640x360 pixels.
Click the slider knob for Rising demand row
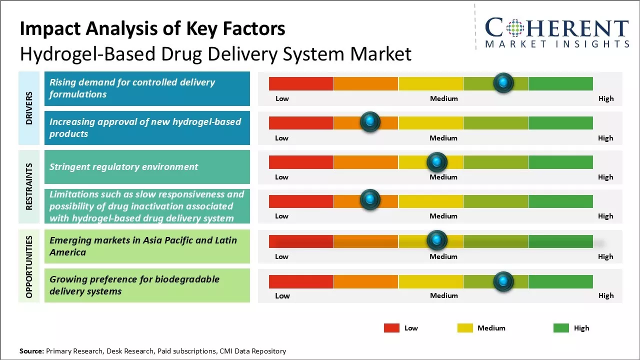[x=503, y=82]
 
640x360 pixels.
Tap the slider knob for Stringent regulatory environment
[x=437, y=162]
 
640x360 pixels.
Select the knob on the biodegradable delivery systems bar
[x=503, y=281]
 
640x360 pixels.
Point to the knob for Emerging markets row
[x=437, y=240]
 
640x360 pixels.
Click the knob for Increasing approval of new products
[x=370, y=122]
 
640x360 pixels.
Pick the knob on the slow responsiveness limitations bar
[x=370, y=200]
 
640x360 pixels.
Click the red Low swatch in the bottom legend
[x=391, y=328]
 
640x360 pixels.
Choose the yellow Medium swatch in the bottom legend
[x=465, y=328]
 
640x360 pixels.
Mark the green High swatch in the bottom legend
[x=561, y=328]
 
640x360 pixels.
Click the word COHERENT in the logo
[x=557, y=28]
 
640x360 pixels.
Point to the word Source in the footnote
[x=31, y=351]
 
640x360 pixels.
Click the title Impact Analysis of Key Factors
[x=152, y=29]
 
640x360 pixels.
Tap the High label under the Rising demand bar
[x=606, y=98]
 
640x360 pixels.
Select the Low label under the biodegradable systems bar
[x=282, y=295]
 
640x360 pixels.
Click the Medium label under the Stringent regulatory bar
[x=443, y=177]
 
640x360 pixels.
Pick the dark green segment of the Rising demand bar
[x=560, y=83]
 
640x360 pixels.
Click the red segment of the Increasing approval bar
[x=301, y=123]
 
